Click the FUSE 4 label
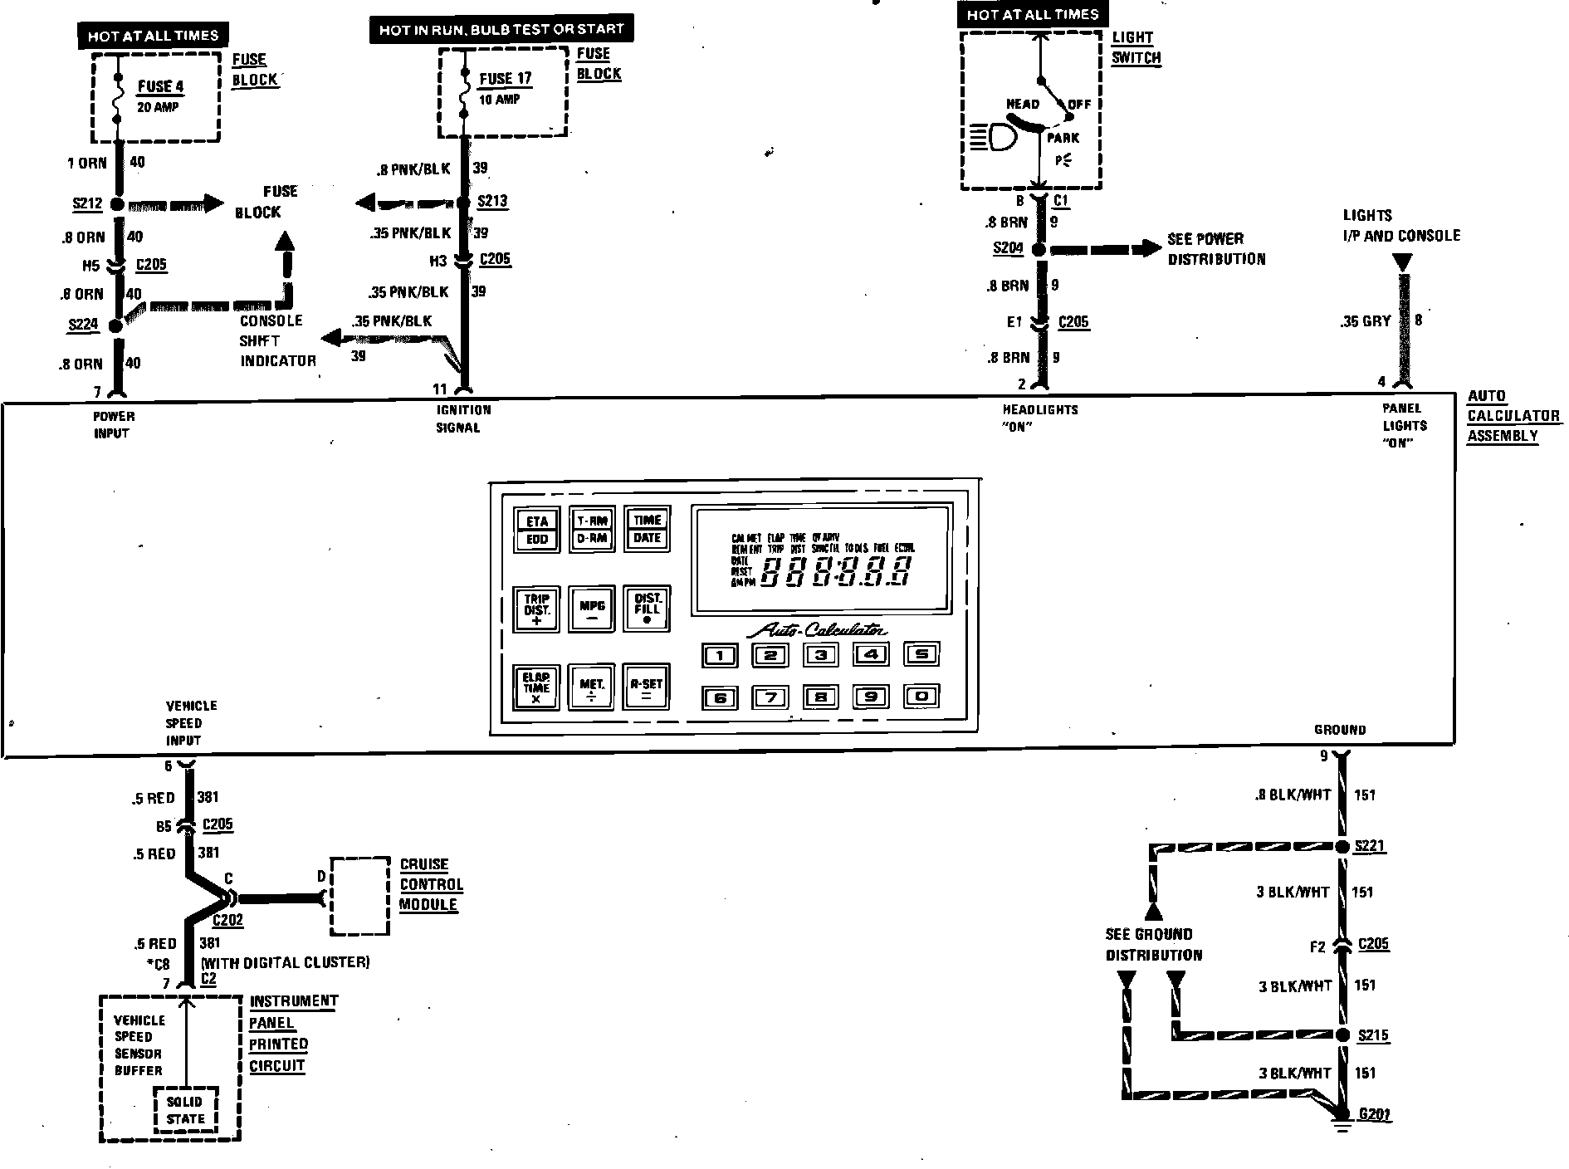pyautogui.click(x=160, y=86)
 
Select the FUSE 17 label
pyautogui.click(x=505, y=79)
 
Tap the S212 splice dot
pyautogui.click(x=117, y=204)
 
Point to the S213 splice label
pyautogui.click(x=492, y=202)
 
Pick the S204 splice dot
pyautogui.click(x=1039, y=249)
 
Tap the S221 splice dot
pyautogui.click(x=1341, y=847)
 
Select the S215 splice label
pyautogui.click(x=1373, y=1035)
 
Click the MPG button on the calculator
pyautogui.click(x=592, y=609)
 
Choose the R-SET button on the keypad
pyautogui.click(x=647, y=687)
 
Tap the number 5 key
pyautogui.click(x=921, y=654)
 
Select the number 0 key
pyautogui.click(x=921, y=697)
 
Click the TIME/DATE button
pyautogui.click(x=647, y=529)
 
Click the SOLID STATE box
pyautogui.click(x=185, y=1110)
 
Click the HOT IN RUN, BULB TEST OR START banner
pyautogui.click(x=501, y=30)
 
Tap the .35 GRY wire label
pyautogui.click(x=1365, y=321)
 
